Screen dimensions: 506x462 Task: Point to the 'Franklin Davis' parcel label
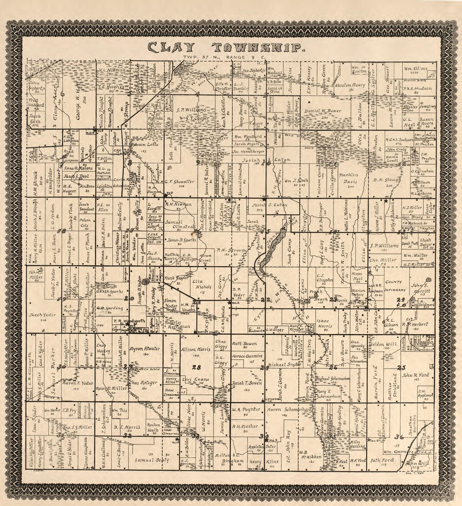pyautogui.click(x=349, y=178)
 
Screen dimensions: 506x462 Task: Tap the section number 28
pyautogui.click(x=196, y=367)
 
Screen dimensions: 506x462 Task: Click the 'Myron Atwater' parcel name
pyautogui.click(x=145, y=349)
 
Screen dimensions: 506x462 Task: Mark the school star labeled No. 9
pyautogui.click(x=267, y=439)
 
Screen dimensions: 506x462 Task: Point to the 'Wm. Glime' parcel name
pyautogui.click(x=415, y=69)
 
